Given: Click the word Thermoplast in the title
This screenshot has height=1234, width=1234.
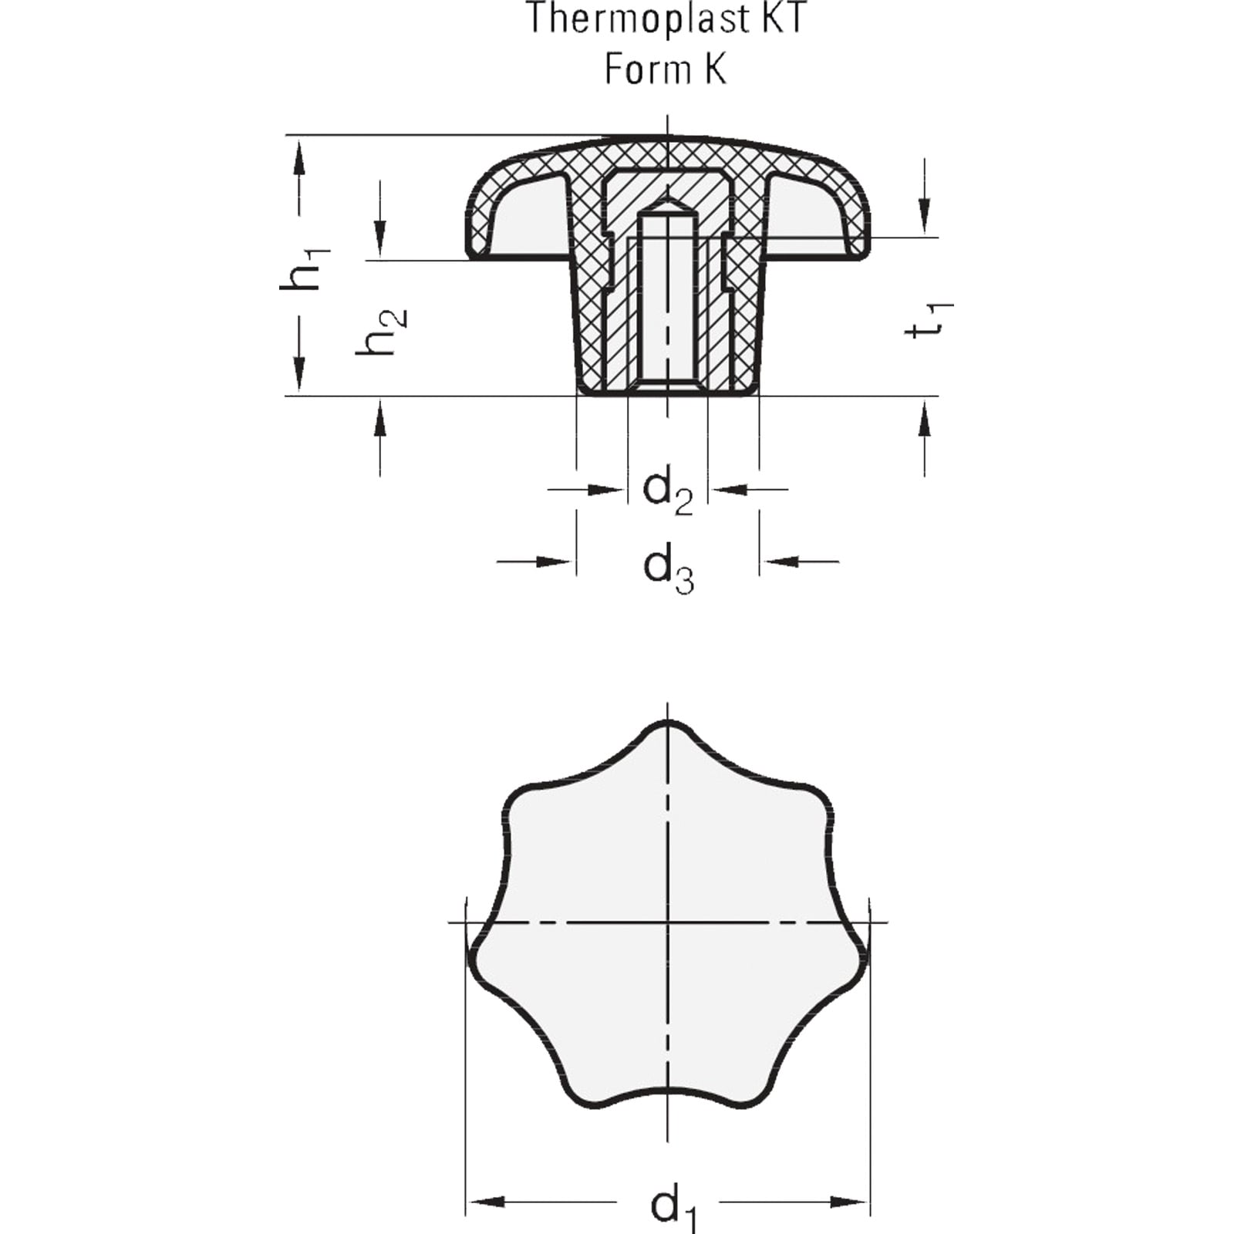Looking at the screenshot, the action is pyautogui.click(x=625, y=19).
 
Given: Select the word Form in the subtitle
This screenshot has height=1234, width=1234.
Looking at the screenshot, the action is pyautogui.click(x=647, y=69).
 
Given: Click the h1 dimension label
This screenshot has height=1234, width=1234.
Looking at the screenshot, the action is pyautogui.click(x=305, y=268).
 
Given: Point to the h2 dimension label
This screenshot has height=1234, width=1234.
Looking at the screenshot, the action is pyautogui.click(x=381, y=332).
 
